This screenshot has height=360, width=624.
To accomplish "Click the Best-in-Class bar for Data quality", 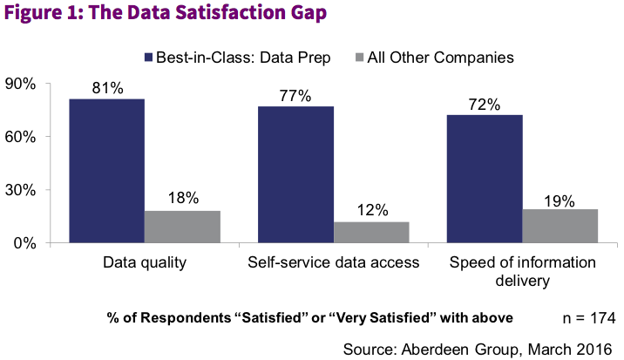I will click(x=107, y=170).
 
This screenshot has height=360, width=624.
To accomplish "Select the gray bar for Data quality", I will click(x=182, y=226).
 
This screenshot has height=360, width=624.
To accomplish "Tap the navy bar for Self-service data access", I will click(x=295, y=173).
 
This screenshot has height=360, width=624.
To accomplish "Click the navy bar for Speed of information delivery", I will click(x=485, y=178).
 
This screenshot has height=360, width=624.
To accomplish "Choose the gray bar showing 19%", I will click(x=560, y=225).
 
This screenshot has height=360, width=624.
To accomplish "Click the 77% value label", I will click(x=296, y=96).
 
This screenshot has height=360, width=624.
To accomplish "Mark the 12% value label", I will click(x=372, y=210).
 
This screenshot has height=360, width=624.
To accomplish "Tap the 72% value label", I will click(x=485, y=105).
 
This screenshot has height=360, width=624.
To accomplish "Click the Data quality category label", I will click(x=145, y=263).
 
